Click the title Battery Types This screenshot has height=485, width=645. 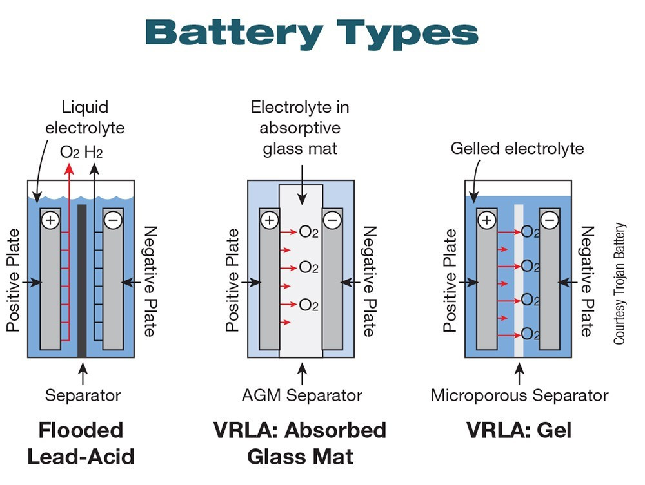click(x=312, y=32)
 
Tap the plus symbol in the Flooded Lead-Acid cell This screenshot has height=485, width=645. click(x=50, y=220)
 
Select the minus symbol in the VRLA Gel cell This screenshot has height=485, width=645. click(x=549, y=220)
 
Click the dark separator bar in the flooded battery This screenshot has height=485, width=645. click(x=82, y=280)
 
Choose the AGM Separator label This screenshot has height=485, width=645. click(x=301, y=395)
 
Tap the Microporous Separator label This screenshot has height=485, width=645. click(x=519, y=395)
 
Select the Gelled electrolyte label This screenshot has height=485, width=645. click(x=517, y=149)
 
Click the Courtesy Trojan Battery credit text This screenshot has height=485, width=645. click(x=620, y=283)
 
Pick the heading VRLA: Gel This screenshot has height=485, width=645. click(x=519, y=430)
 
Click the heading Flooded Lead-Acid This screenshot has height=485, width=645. click(x=81, y=443)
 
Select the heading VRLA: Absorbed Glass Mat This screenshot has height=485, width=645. click(x=300, y=443)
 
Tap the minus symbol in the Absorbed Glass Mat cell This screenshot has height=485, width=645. click(x=332, y=220)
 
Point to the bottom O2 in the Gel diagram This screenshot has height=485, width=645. click(x=530, y=334)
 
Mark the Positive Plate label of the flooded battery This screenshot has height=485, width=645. click(x=14, y=280)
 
